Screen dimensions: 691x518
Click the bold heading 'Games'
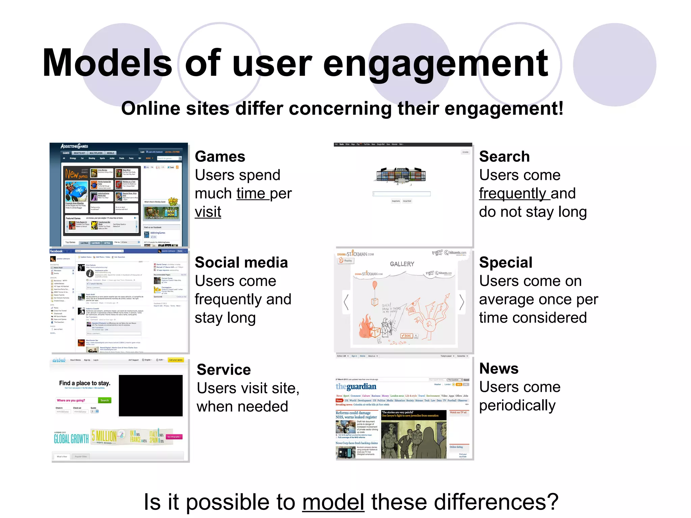(x=220, y=156)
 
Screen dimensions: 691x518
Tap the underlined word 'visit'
(x=208, y=212)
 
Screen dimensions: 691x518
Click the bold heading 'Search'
(x=504, y=156)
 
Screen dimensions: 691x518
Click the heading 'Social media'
(x=241, y=262)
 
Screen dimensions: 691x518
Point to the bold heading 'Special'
(x=505, y=262)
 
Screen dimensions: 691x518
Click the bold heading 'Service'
(x=224, y=370)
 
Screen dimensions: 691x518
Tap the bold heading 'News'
(x=499, y=368)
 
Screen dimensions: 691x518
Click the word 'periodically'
(x=517, y=405)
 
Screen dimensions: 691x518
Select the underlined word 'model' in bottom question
(x=333, y=502)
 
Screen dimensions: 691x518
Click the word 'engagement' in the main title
(x=435, y=63)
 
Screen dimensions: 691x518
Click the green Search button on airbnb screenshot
(x=105, y=400)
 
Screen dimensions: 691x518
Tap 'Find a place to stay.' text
(x=85, y=383)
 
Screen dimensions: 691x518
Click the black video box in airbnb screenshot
(x=150, y=396)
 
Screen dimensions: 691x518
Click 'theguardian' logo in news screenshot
(x=356, y=386)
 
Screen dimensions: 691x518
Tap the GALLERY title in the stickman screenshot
(x=402, y=264)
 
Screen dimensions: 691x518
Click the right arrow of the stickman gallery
(x=462, y=302)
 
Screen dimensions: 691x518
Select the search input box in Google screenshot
(x=402, y=194)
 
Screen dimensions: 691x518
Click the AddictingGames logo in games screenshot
(x=74, y=146)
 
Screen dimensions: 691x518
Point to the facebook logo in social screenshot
(x=56, y=251)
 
